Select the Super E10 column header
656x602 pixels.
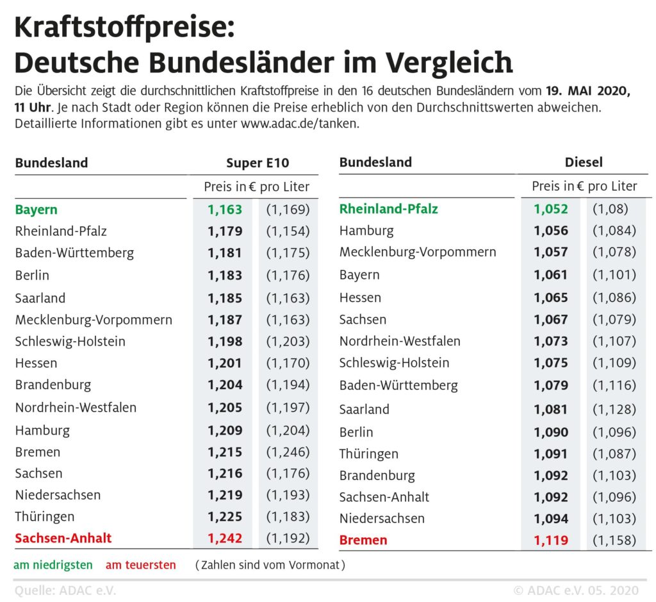click(257, 163)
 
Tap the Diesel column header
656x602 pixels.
click(583, 162)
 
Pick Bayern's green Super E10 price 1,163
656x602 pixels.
click(225, 209)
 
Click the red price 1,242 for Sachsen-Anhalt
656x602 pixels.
click(225, 538)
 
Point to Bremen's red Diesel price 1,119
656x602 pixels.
click(551, 540)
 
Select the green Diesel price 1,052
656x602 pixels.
click(551, 208)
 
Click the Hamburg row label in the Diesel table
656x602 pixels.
click(366, 230)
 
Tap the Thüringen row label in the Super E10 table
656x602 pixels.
click(45, 516)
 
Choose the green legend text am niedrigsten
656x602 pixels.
click(53, 565)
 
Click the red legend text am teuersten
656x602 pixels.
click(140, 565)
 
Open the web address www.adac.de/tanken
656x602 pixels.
click(299, 123)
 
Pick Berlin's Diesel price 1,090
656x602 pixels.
click(551, 432)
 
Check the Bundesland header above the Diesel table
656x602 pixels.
click(375, 162)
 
